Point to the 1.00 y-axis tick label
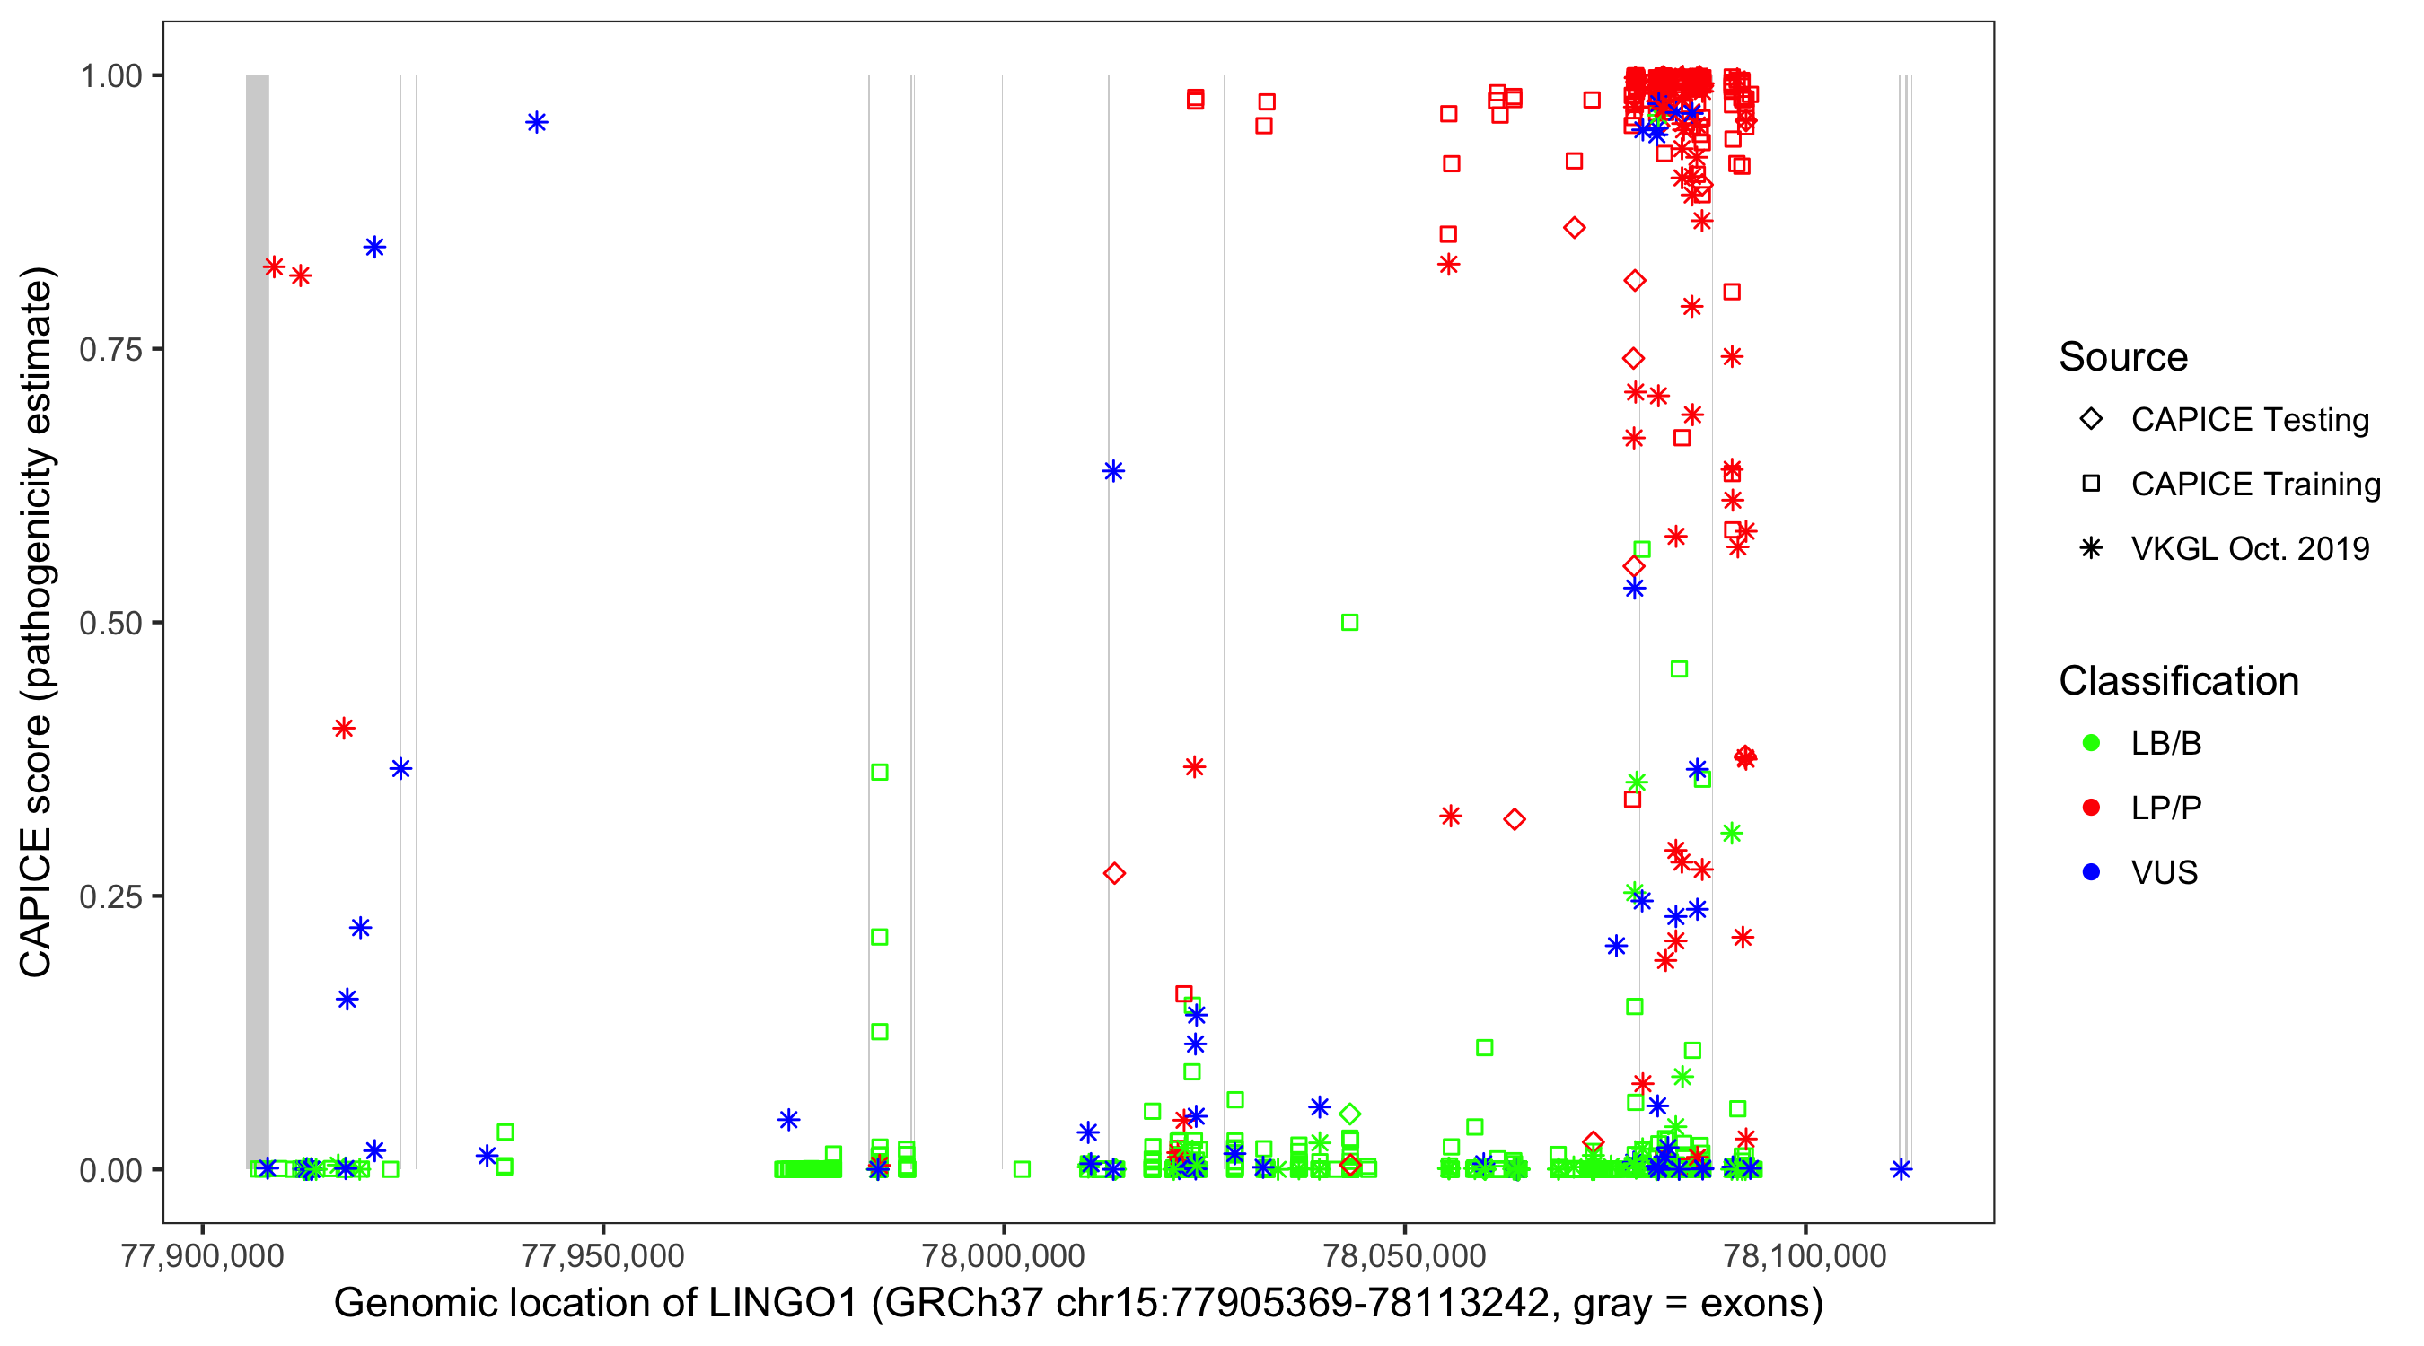point(110,76)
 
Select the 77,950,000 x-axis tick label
point(603,1255)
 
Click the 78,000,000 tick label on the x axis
point(1003,1255)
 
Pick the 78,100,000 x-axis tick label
point(1805,1255)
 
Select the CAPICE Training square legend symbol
point(2091,485)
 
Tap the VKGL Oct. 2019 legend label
point(2250,548)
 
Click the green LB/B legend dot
point(2091,743)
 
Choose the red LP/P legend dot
point(2091,808)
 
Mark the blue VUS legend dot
point(2091,873)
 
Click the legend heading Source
point(2123,357)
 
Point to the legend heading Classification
point(2178,681)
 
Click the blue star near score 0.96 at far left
point(536,122)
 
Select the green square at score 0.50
point(1349,623)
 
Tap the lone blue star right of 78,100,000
point(1901,1170)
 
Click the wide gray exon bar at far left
point(257,621)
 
